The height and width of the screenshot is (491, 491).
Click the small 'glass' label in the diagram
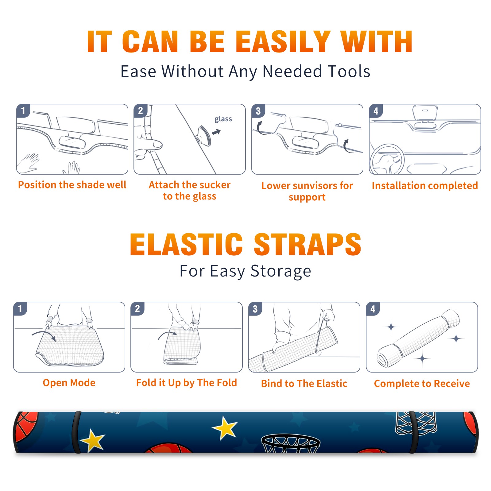(223, 119)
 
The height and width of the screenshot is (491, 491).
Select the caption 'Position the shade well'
(72, 185)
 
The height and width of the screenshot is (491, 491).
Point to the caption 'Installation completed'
(425, 185)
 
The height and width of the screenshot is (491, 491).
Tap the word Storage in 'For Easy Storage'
(281, 271)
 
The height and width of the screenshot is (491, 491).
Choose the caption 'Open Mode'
(69, 383)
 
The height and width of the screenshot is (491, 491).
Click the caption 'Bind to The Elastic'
(304, 383)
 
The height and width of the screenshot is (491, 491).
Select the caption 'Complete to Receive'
(422, 383)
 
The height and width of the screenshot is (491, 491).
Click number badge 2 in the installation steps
(141, 110)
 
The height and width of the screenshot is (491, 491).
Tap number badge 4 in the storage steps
(373, 309)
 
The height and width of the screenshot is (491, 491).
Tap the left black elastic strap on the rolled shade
(76, 432)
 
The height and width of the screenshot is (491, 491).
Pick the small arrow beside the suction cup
(217, 132)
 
